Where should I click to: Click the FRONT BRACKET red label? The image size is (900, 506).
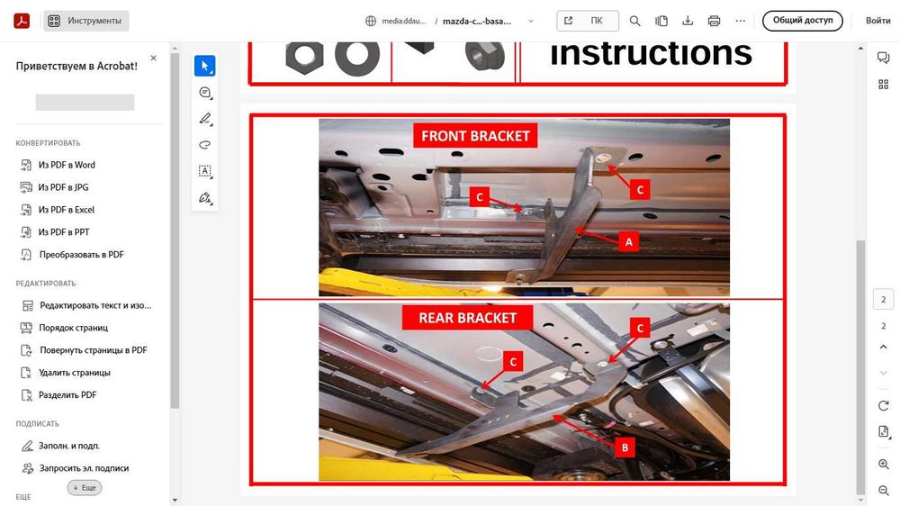(474, 136)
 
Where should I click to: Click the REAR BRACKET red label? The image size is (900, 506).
(467, 318)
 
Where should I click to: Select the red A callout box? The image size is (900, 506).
(628, 242)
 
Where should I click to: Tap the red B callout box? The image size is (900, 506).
(625, 447)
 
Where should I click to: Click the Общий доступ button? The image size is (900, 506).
(803, 21)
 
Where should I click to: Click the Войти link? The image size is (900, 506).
(878, 21)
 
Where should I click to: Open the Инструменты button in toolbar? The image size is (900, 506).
(86, 21)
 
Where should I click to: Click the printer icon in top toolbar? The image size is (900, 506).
(714, 21)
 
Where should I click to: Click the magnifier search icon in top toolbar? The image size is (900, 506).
(634, 21)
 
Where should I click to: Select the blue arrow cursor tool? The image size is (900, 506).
(205, 66)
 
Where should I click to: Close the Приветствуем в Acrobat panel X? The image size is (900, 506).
(153, 58)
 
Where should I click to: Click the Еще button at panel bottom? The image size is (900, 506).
(85, 488)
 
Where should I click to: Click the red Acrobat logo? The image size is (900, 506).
(22, 21)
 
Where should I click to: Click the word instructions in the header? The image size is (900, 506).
(651, 53)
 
